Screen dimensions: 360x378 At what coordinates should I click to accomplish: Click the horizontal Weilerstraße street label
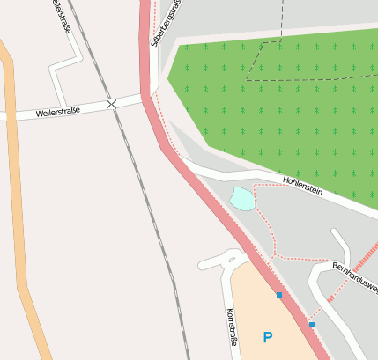pyautogui.click(x=58, y=113)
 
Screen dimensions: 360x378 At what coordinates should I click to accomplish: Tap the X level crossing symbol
pyautogui.click(x=112, y=105)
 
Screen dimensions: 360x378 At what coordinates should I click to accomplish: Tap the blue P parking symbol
pyautogui.click(x=268, y=337)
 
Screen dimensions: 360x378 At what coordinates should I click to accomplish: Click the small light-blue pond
pyautogui.click(x=242, y=198)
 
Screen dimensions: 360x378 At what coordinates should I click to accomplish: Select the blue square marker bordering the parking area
pyautogui.click(x=279, y=295)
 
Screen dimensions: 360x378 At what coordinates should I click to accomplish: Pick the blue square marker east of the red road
pyautogui.click(x=312, y=325)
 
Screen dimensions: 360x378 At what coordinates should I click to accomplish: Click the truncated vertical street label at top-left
pyautogui.click(x=61, y=15)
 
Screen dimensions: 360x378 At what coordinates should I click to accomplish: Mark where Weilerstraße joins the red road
pyautogui.click(x=145, y=97)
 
